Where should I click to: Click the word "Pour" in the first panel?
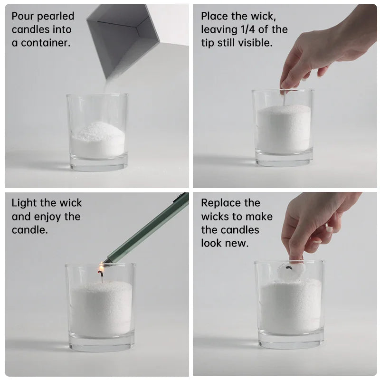[x=23, y=16]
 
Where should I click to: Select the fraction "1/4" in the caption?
[x=248, y=29]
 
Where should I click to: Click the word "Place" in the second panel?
[x=215, y=16]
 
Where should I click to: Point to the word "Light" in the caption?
[x=25, y=203]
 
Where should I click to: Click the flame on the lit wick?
[x=101, y=268]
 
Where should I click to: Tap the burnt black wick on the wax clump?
[x=289, y=268]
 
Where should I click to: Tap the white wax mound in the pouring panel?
[x=98, y=139]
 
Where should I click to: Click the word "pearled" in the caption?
[x=56, y=17]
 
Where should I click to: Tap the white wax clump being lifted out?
[x=291, y=271]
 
